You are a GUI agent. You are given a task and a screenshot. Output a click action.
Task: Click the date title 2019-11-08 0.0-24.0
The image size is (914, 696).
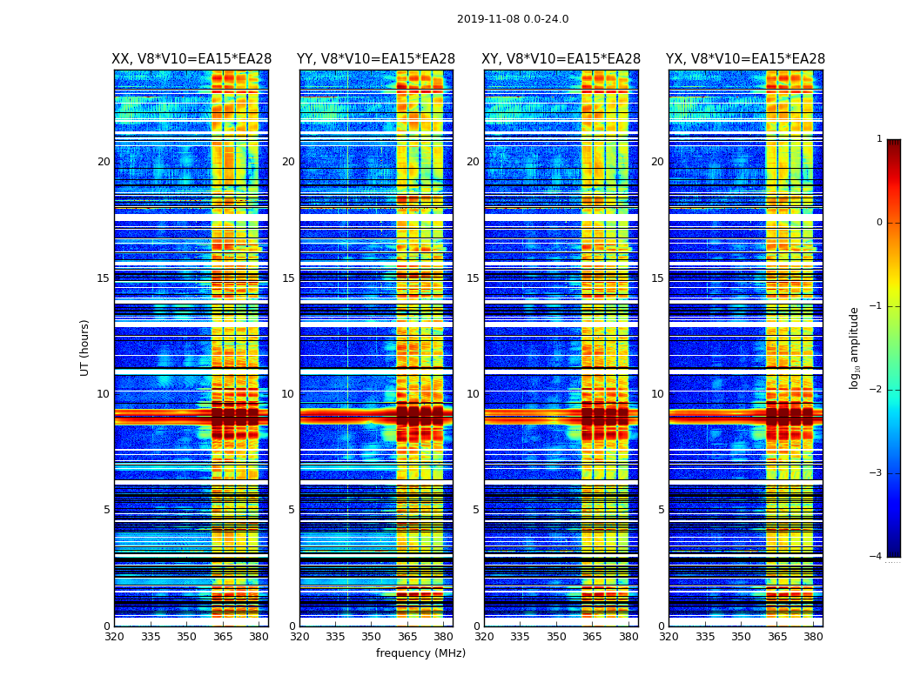tap(513, 19)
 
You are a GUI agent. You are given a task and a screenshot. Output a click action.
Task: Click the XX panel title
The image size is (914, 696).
tap(192, 59)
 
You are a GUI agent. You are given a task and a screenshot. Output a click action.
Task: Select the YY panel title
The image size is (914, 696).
tap(376, 59)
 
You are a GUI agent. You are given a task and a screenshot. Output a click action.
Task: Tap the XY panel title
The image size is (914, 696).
tap(561, 59)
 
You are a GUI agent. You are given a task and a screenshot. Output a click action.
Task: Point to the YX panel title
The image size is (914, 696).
tap(745, 59)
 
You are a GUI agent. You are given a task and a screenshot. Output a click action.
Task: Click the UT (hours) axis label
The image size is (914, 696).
tap(85, 347)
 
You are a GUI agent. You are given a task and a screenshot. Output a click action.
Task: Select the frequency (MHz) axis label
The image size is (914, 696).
tap(420, 653)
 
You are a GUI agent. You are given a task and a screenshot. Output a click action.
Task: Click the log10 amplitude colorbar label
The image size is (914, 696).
tap(855, 347)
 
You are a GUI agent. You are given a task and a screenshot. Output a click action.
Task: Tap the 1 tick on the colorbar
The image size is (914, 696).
tap(878, 139)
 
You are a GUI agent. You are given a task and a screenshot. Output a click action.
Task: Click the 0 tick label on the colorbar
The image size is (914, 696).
tap(878, 223)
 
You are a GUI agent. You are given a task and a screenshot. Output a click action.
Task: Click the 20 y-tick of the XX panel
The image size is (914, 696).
tap(104, 162)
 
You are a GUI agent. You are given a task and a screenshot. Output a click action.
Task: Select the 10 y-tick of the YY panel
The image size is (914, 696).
tap(288, 394)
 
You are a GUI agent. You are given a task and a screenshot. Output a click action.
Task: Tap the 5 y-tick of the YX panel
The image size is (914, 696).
tap(661, 510)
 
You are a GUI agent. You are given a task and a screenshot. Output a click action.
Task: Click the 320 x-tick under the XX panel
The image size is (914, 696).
tap(115, 637)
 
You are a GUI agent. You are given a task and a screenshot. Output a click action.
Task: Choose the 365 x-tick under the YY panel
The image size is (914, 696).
tap(407, 637)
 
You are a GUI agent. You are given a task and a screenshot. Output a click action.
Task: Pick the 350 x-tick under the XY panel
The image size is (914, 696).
tap(556, 637)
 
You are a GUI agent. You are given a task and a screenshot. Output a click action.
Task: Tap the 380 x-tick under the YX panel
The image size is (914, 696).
tap(813, 637)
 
